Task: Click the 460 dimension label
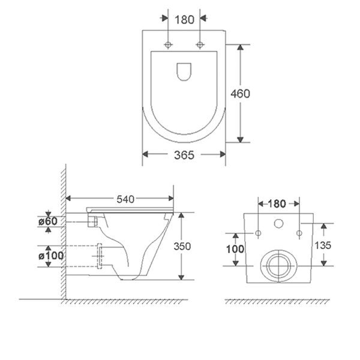click(240, 94)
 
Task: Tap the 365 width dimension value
click(184, 155)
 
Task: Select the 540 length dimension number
click(125, 199)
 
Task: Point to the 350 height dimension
click(182, 246)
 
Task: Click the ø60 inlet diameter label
click(48, 221)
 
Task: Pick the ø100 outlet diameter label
click(51, 256)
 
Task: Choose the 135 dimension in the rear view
click(323, 245)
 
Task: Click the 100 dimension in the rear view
click(235, 249)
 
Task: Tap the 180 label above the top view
click(184, 20)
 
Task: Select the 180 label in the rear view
click(277, 203)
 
